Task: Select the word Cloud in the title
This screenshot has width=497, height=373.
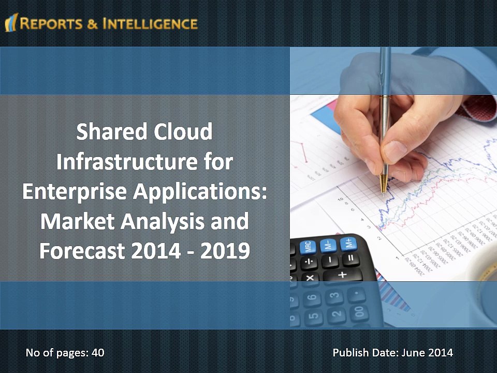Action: [185, 132]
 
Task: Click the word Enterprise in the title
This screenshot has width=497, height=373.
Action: [75, 192]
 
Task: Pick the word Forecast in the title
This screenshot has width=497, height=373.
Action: [81, 252]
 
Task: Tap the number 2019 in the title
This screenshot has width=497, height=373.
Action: [224, 252]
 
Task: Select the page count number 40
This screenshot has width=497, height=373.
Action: [98, 353]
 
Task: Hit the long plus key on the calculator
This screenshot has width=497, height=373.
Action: [342, 275]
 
